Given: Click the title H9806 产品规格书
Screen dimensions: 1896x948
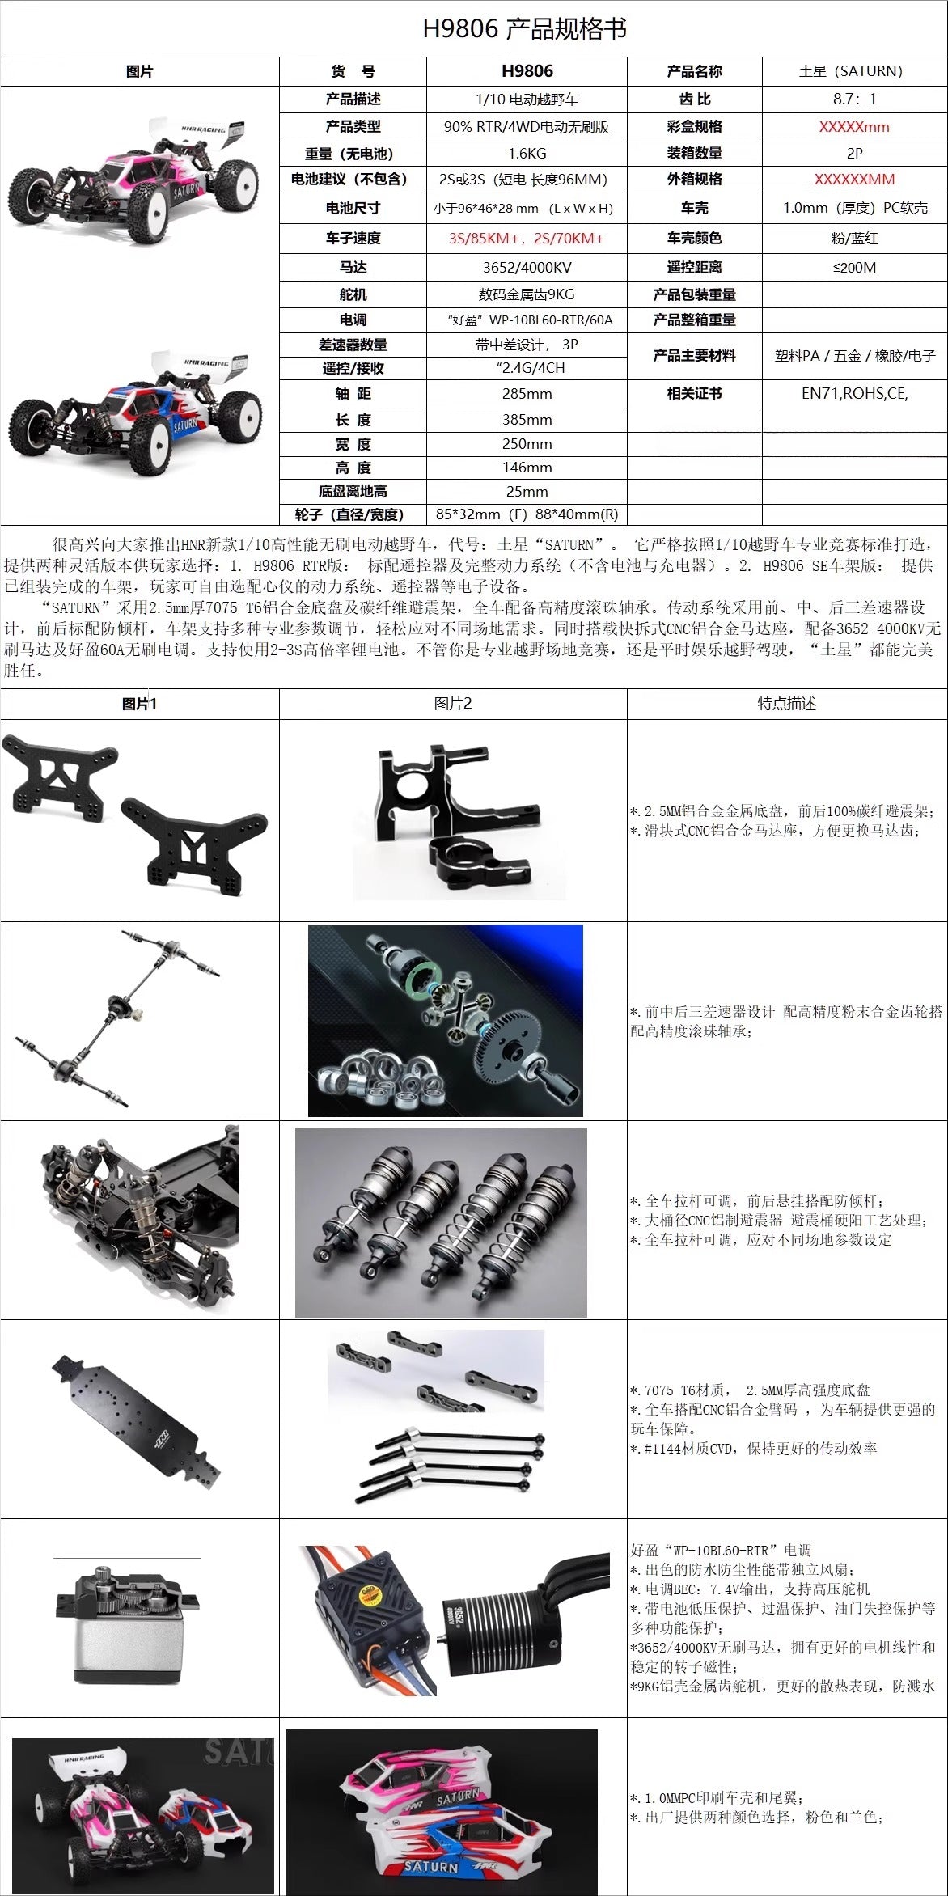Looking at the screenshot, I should [524, 29].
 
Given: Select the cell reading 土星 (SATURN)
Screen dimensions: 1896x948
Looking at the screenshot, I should [854, 71].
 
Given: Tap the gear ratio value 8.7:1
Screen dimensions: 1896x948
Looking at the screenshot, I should [854, 99].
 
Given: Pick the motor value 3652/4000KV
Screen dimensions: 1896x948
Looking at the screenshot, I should [527, 268].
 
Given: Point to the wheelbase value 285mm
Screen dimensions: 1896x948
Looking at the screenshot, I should [527, 394].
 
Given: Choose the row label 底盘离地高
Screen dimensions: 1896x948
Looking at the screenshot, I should [353, 492].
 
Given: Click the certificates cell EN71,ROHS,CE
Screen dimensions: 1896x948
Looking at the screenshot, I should [854, 394].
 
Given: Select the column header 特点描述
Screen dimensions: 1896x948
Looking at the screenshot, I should [786, 704].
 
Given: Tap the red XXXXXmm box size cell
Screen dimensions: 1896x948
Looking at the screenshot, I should [854, 127].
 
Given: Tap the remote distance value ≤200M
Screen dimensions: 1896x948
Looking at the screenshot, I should [854, 268].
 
